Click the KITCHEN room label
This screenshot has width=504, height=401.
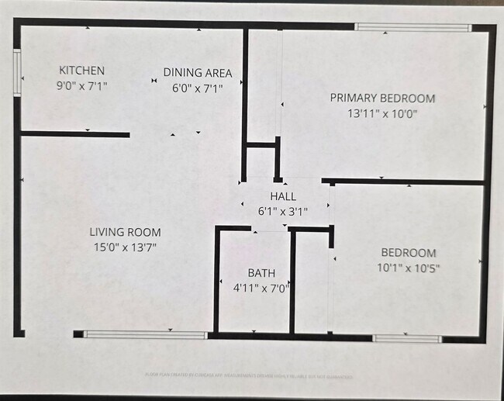tap(81, 71)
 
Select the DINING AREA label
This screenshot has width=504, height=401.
tap(197, 74)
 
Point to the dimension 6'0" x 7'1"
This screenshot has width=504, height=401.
tap(197, 88)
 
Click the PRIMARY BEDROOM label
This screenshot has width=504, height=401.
tap(382, 99)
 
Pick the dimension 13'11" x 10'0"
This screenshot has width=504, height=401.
tap(382, 112)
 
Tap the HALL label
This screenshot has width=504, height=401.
tap(283, 196)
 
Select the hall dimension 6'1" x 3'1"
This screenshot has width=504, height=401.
tap(283, 210)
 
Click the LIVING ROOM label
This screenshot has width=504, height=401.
tap(125, 232)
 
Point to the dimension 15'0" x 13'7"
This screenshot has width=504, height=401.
tap(125, 247)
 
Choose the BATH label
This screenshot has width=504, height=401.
tap(261, 273)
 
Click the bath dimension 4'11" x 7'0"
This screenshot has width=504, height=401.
tap(261, 288)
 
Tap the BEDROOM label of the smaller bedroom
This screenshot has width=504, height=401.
tap(408, 253)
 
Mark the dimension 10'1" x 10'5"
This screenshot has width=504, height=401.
tap(408, 268)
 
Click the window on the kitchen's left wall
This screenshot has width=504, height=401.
tap(17, 73)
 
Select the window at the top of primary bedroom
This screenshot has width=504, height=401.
tap(413, 28)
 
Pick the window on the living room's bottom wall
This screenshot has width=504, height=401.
tap(145, 335)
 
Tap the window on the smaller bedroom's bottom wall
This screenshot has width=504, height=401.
tap(407, 338)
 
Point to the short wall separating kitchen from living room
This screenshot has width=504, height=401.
tap(74, 135)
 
